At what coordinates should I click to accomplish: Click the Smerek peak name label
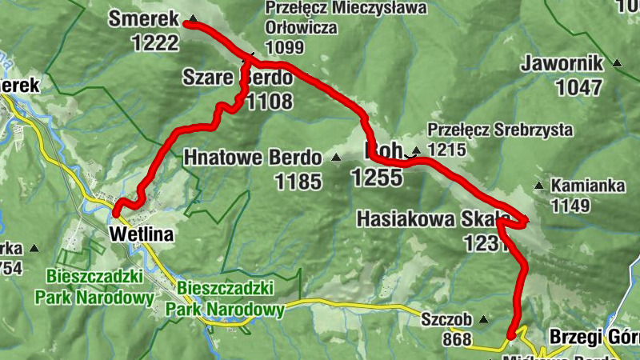pos(143,18)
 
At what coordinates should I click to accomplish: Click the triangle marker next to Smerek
pos(192,18)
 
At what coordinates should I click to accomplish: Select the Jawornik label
pos(562,62)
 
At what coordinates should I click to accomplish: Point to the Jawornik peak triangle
pos(617,63)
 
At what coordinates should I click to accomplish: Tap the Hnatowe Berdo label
pos(252,157)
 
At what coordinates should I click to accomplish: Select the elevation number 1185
pos(298,182)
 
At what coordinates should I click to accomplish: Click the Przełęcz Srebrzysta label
pos(500,128)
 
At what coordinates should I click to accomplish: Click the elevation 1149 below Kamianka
pos(570,206)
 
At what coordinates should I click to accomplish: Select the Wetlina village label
pos(140,234)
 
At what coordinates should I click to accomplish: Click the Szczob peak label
pos(443,319)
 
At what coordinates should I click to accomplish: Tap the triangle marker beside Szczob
pos(483,320)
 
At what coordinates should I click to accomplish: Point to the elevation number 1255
pos(376,178)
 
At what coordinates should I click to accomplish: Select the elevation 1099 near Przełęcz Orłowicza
pos(284,47)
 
